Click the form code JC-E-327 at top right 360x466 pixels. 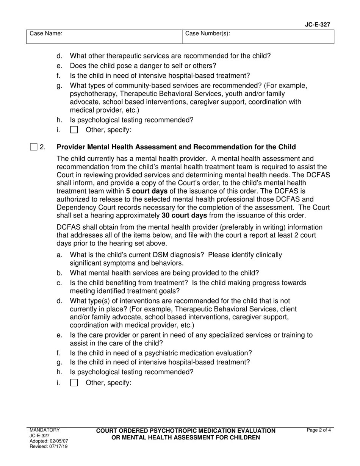[317, 25]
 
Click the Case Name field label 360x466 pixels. [46, 34]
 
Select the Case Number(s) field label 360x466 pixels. [207, 34]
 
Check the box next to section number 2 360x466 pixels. [34, 147]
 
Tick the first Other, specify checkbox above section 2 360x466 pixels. [74, 130]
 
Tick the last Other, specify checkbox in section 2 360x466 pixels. [74, 383]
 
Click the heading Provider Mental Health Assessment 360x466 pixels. [176, 147]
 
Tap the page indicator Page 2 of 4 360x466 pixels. [319, 430]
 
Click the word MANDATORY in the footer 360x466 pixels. [45, 430]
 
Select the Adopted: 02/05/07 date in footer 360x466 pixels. [49, 441]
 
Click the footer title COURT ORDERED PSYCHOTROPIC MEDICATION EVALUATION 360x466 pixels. [186, 431]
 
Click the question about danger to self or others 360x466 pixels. [143, 66]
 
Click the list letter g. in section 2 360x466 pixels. [59, 362]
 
